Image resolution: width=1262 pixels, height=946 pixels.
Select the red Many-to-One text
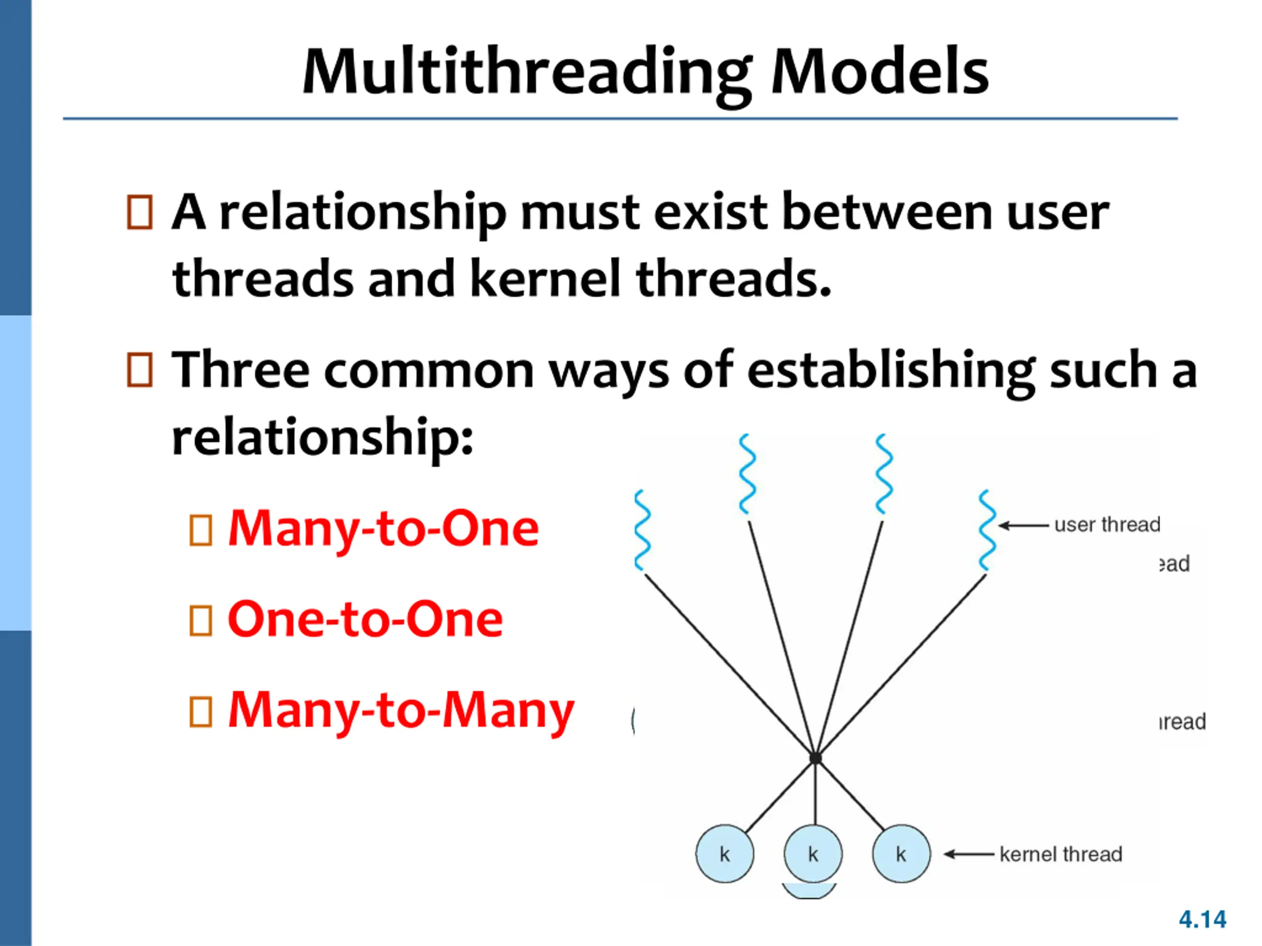tap(384, 529)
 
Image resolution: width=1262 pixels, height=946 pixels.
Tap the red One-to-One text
tap(365, 619)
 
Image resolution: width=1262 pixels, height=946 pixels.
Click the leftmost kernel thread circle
tap(725, 854)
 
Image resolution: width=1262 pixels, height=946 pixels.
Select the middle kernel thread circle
tap(813, 854)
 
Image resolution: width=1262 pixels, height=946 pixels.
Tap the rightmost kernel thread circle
tap(901, 854)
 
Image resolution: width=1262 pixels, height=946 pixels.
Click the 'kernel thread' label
tap(1060, 854)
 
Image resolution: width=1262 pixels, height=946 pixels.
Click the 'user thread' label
tap(1107, 525)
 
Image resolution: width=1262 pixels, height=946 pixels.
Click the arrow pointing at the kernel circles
tap(968, 854)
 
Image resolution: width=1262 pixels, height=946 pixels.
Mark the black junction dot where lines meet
tap(816, 758)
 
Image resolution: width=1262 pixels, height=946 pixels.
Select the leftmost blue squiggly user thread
tap(642, 530)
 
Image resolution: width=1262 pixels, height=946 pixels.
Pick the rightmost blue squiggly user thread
tap(987, 530)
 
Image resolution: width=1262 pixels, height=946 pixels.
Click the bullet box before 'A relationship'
tap(140, 213)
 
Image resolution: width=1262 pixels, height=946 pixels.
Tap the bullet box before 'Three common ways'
tap(140, 370)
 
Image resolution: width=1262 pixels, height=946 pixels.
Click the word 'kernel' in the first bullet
tap(545, 279)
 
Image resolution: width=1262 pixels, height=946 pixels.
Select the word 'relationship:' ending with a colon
tap(322, 438)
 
